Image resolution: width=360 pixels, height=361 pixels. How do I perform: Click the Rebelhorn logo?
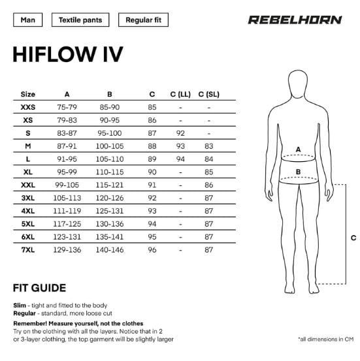coord(295,20)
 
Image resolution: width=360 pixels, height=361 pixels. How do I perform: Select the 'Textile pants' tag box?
coord(80,20)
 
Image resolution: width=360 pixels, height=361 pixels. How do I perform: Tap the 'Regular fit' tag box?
coord(143,20)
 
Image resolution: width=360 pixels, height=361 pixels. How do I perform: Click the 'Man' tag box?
coord(28,20)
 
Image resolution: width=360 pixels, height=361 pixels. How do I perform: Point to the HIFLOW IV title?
coord(68,54)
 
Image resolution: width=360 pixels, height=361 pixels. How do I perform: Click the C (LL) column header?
coord(180,94)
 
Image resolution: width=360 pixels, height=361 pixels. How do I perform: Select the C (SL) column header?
coord(209,94)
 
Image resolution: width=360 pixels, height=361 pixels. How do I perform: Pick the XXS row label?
coord(28,107)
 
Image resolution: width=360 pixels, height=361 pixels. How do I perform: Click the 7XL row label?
coord(28,250)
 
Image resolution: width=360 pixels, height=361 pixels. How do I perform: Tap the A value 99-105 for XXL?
coord(67,185)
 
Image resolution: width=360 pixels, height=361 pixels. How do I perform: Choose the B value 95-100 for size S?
coord(110,133)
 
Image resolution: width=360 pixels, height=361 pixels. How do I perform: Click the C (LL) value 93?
coord(180,146)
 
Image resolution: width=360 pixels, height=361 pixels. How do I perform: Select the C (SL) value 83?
coord(209,146)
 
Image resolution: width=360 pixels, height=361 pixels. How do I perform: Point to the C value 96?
coord(152,250)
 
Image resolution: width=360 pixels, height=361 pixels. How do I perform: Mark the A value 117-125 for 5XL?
coord(67,224)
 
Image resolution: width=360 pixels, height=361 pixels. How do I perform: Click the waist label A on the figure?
coord(298,149)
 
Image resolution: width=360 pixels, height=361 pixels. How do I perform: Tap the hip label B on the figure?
coord(298,172)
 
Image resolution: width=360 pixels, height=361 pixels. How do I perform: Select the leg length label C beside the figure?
coord(353,238)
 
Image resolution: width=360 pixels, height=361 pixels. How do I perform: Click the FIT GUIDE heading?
coord(40,288)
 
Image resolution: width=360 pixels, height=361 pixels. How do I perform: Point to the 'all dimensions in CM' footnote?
coord(326,339)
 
